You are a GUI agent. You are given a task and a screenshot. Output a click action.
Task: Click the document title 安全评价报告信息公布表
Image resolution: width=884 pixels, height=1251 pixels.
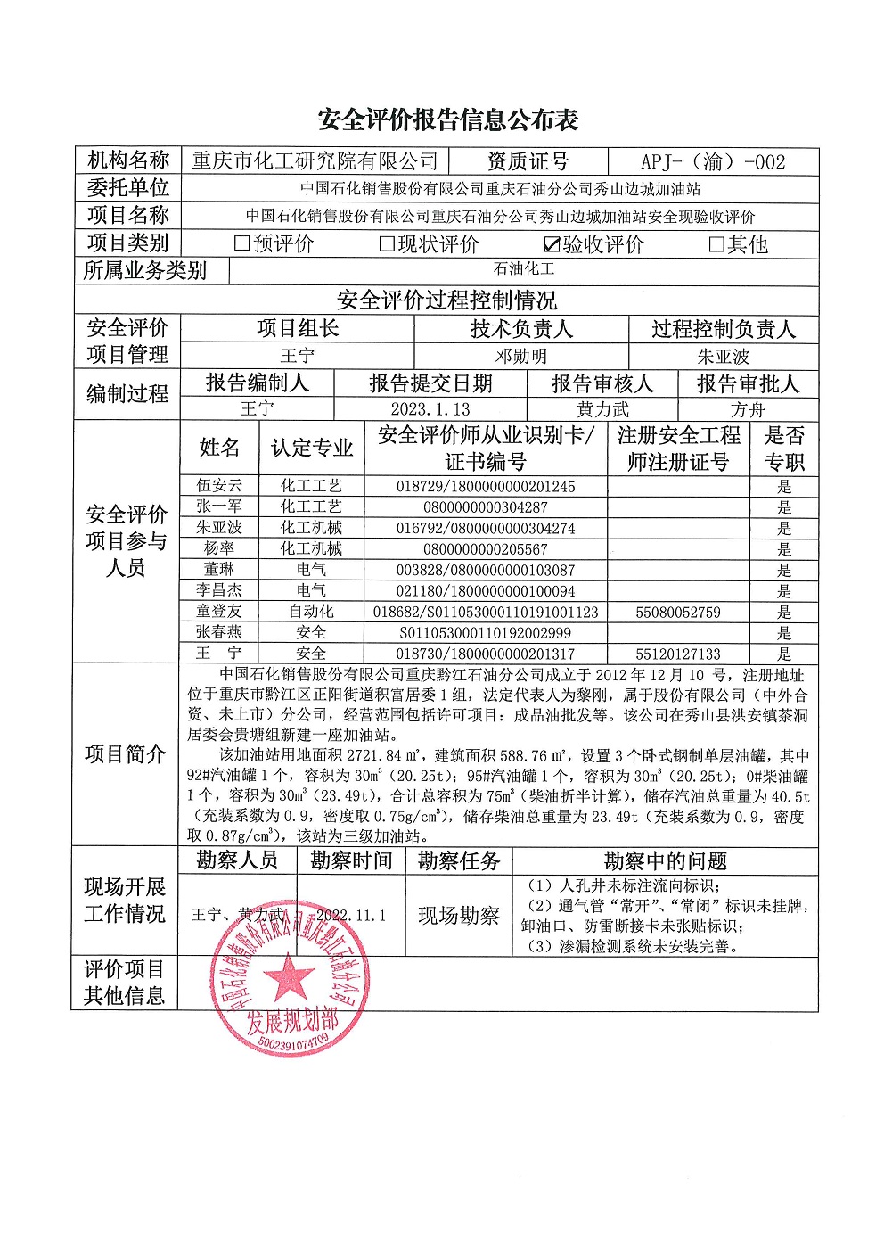pos(448,120)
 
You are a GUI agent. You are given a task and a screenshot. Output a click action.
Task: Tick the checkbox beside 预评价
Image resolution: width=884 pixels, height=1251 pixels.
pos(241,243)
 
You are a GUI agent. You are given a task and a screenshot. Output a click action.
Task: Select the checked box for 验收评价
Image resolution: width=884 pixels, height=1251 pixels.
pos(552,244)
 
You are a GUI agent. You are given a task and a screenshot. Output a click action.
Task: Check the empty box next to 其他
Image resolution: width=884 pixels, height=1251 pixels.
pos(716,243)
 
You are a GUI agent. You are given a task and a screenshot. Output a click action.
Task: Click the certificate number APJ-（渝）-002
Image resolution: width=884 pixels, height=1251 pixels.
pos(713,162)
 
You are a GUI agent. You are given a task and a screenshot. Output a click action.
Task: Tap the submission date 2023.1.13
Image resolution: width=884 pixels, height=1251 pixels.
pos(430,409)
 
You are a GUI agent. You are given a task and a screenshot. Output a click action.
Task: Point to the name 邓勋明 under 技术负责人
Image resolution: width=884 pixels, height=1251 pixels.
pos(521,357)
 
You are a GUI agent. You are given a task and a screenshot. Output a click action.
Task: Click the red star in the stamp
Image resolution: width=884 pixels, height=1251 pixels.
pos(287,976)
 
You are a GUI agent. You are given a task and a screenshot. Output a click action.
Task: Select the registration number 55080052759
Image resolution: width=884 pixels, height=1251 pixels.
pos(678,613)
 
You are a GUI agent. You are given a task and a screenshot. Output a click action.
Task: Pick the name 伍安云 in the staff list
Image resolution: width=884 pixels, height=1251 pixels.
pos(219,486)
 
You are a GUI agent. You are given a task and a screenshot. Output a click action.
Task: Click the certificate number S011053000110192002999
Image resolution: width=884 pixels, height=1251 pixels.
pos(486,633)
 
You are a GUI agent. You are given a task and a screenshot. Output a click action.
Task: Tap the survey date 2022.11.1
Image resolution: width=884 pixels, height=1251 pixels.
pos(351,916)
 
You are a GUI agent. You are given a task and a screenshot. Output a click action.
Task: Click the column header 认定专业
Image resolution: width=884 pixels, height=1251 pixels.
pos(312,449)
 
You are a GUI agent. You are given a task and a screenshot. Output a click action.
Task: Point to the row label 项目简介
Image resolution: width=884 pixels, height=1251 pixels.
pos(126,754)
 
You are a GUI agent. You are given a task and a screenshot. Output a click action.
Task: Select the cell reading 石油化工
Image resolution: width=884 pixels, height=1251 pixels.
pos(524,269)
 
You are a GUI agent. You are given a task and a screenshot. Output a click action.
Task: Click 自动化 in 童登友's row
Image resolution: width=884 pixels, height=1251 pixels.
pos(311,612)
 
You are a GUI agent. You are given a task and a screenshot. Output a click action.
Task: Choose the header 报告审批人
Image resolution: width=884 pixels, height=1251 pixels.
pos(748,383)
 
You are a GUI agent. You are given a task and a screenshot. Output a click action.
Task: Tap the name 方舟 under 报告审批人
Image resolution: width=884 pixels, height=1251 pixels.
pos(748,409)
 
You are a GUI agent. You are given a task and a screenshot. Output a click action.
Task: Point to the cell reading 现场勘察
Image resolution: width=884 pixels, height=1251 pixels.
pos(459,916)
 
